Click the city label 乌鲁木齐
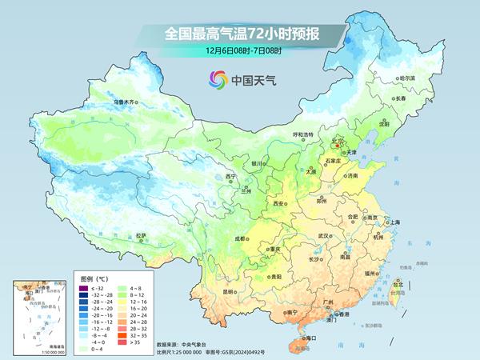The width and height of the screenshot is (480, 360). click(126, 102)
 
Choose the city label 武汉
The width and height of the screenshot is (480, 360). click(324, 236)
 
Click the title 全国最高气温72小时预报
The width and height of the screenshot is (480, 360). click(240, 34)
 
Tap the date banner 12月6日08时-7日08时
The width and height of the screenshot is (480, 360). click(240, 50)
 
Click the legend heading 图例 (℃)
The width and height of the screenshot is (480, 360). click(95, 278)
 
